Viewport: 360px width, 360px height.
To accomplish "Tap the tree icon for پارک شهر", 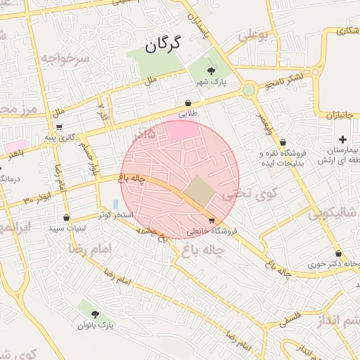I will point(212,70).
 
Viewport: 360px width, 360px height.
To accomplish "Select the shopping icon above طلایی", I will point(188,103).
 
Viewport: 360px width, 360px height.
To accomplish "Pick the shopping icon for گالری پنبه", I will point(59,127).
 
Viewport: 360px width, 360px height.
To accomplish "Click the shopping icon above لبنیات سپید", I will point(66,217).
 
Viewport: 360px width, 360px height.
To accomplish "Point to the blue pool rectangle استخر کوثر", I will point(115,204).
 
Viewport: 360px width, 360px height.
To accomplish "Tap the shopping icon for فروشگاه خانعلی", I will point(212,220).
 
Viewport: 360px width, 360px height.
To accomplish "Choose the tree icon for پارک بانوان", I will point(95,314).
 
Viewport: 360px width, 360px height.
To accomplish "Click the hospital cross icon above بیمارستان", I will point(342,140).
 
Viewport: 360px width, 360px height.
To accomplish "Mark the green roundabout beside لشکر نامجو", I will point(249,90).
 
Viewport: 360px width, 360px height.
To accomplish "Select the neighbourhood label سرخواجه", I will point(65,58).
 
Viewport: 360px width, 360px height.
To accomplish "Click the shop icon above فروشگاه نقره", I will point(282,143).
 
